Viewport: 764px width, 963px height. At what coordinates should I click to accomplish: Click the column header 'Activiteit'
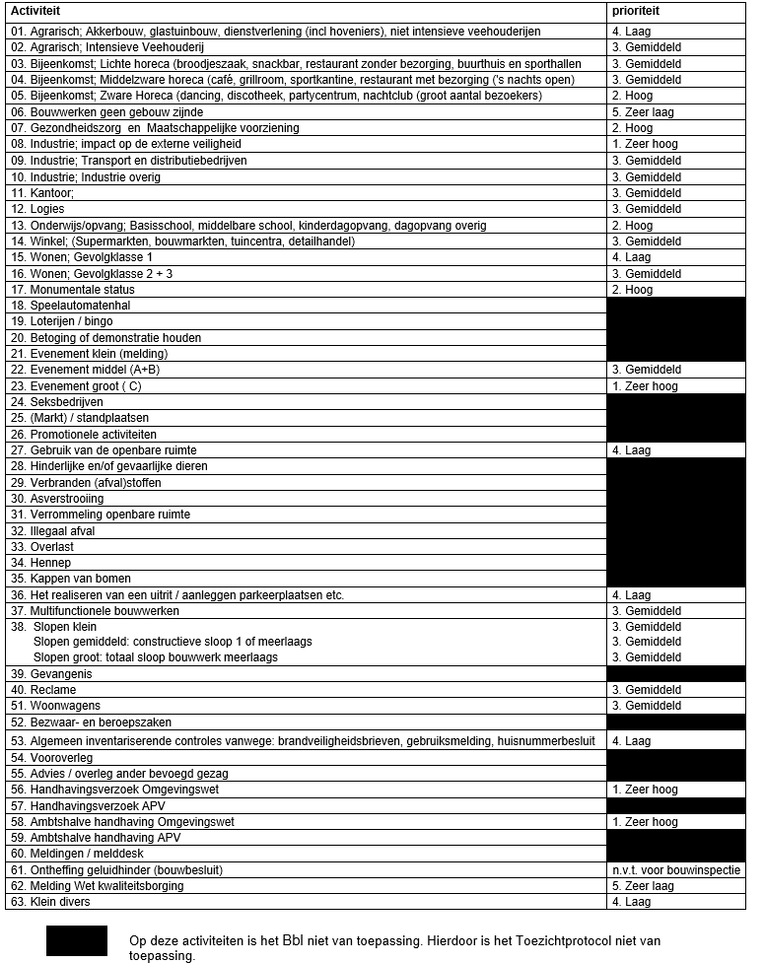tap(37, 12)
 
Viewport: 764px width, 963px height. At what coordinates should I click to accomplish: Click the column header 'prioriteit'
tap(636, 12)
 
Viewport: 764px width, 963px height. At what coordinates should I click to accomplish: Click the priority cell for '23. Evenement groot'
tap(645, 386)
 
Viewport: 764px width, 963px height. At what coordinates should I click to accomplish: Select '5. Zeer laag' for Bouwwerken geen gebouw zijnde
tap(643, 112)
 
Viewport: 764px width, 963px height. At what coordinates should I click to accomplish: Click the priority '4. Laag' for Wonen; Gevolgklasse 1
tap(631, 257)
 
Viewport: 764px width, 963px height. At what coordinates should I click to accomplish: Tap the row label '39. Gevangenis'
tap(49, 674)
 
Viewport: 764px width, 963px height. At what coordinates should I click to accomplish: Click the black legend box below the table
tap(76, 940)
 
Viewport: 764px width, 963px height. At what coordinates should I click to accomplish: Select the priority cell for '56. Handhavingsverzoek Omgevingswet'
tap(645, 790)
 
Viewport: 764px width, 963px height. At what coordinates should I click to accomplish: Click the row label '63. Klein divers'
tap(50, 902)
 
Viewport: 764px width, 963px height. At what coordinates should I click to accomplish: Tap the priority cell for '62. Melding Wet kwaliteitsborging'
tap(643, 886)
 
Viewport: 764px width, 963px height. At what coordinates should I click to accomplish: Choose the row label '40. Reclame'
tap(43, 690)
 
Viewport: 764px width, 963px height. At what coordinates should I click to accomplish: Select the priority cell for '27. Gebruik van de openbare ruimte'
tap(631, 450)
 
